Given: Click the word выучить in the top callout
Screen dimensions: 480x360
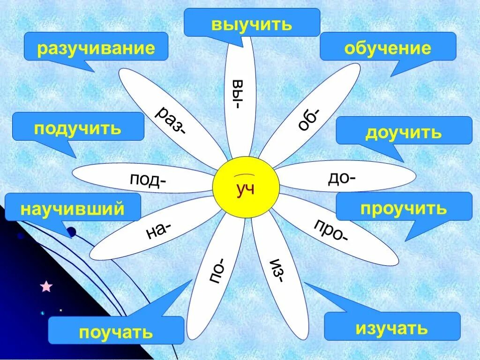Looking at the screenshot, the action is (252, 24).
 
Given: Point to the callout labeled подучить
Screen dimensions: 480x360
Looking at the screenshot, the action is (78, 127).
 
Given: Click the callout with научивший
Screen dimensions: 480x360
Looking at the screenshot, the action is (73, 208).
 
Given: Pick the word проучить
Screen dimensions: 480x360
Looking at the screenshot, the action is (404, 208).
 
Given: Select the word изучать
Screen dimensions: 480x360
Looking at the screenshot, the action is (392, 328).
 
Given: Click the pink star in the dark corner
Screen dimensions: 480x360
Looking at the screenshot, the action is (46, 286).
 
